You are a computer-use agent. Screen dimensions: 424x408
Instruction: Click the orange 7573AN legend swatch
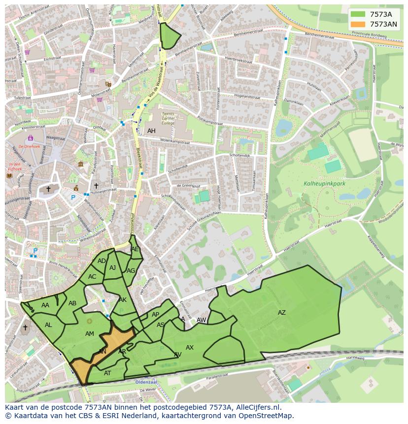(x=358, y=24)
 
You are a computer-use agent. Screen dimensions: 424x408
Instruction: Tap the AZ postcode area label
(x=281, y=313)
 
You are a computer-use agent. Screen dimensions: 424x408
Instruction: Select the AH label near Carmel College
(x=151, y=131)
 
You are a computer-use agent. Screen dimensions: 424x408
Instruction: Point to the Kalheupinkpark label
(x=325, y=184)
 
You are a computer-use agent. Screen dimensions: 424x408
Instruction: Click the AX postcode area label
(x=190, y=348)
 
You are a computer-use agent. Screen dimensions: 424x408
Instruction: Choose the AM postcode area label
(x=89, y=334)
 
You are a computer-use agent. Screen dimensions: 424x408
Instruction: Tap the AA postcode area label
(x=45, y=305)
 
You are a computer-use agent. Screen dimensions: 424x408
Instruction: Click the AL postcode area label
(x=48, y=325)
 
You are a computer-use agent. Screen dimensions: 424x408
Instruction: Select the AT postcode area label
(x=107, y=373)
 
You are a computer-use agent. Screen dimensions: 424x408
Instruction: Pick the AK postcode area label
(x=123, y=300)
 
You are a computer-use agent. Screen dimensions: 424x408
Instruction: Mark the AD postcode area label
(x=102, y=261)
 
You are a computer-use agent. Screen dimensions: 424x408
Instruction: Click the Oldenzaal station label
(x=146, y=381)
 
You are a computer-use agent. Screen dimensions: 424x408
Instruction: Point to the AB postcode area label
(x=72, y=303)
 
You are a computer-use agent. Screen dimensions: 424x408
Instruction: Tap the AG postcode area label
(x=131, y=271)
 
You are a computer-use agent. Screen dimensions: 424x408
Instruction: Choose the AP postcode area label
(x=155, y=315)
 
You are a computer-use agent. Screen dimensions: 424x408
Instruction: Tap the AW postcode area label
(x=201, y=320)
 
